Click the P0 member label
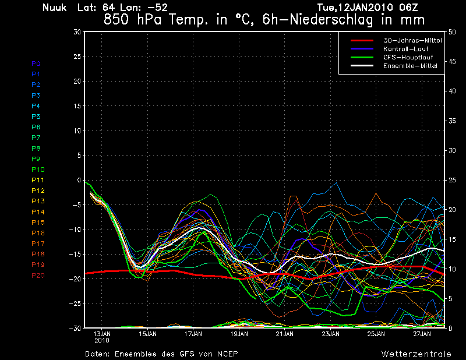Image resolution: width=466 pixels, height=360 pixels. (x=36, y=63)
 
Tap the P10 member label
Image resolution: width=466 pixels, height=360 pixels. (x=38, y=170)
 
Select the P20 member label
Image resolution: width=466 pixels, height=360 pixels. (x=38, y=276)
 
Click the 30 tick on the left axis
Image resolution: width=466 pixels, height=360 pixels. (x=77, y=32)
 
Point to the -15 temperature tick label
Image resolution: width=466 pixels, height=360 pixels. (x=75, y=255)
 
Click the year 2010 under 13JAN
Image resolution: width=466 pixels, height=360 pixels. (x=102, y=340)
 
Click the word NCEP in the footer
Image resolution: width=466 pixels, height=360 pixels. (x=227, y=354)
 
